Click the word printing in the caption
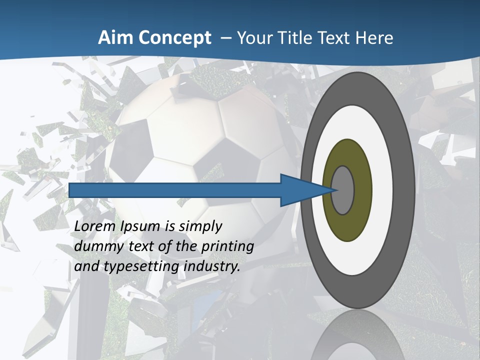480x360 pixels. pyautogui.click(x=227, y=247)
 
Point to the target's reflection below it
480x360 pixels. pyautogui.click(x=357, y=335)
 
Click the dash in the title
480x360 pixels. pyautogui.click(x=225, y=38)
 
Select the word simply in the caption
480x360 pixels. pyautogui.click(x=200, y=227)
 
